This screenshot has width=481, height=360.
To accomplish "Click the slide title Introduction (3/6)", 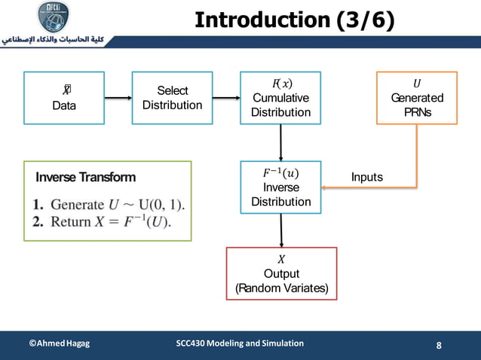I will click(x=295, y=20).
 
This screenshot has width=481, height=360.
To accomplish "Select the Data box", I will click(x=63, y=98).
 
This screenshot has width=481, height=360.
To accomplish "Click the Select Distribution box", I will click(x=172, y=98).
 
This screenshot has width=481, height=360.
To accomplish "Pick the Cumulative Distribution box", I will click(x=281, y=98).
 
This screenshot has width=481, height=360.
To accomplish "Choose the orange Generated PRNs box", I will click(x=417, y=98).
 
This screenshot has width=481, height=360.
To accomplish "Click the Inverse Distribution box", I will click(x=281, y=188).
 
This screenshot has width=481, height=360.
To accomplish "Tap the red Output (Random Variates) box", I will click(x=281, y=273).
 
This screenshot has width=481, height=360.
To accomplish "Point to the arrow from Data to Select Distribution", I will click(x=118, y=98).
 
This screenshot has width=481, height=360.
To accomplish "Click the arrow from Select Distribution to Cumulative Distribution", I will click(x=225, y=98).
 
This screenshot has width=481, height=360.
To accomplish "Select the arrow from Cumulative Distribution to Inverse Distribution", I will click(x=281, y=142).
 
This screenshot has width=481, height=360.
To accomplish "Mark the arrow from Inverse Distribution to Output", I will click(x=281, y=230).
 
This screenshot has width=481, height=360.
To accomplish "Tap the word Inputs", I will click(x=367, y=177).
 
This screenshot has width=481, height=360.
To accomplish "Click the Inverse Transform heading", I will click(x=86, y=178).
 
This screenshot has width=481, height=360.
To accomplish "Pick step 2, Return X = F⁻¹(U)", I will click(x=102, y=221).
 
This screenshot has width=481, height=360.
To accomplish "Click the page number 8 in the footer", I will click(x=440, y=346).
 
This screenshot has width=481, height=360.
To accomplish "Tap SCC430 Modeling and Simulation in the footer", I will click(x=240, y=343).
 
